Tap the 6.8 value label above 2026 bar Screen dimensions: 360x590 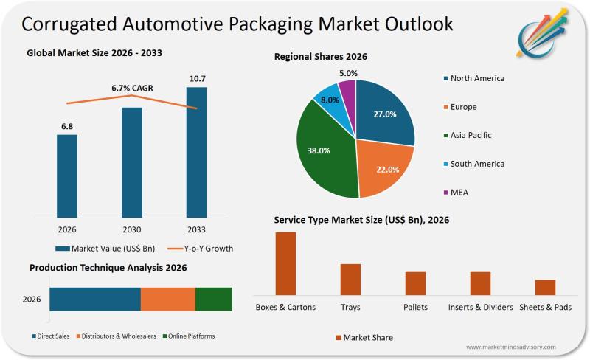click(x=66, y=126)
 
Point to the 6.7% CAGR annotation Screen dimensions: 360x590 click(x=131, y=88)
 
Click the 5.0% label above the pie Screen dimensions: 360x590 click(x=348, y=73)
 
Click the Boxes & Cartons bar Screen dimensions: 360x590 click(x=285, y=263)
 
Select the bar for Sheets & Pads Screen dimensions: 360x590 click(x=545, y=287)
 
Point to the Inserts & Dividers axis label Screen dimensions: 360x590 click(x=480, y=307)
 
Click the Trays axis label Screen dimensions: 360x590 click(x=350, y=307)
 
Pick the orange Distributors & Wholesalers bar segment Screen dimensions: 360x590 click(x=167, y=300)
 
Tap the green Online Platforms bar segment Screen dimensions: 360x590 click(x=213, y=300)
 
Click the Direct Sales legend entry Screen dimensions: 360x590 click(x=51, y=336)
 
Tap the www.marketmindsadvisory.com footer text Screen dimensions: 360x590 click(x=510, y=347)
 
